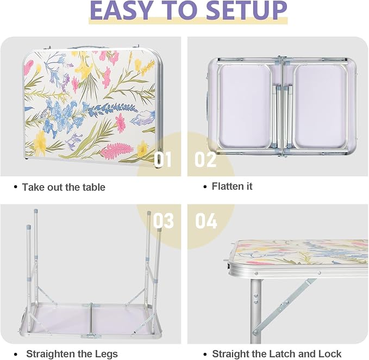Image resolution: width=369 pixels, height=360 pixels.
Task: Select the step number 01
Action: click(x=163, y=159)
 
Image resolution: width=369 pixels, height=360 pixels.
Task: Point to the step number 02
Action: click(x=205, y=159)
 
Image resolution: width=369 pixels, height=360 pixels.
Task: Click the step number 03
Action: click(x=164, y=221)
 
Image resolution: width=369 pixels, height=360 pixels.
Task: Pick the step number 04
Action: click(x=206, y=221)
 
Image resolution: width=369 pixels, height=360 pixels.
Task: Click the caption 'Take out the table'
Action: click(x=64, y=188)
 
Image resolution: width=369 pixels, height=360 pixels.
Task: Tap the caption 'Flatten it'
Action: click(x=232, y=186)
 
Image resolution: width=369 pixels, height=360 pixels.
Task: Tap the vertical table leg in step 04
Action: click(x=256, y=311)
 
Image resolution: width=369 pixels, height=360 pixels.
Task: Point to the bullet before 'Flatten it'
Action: click(x=205, y=187)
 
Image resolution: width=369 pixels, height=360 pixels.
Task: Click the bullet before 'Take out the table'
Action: click(x=16, y=188)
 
